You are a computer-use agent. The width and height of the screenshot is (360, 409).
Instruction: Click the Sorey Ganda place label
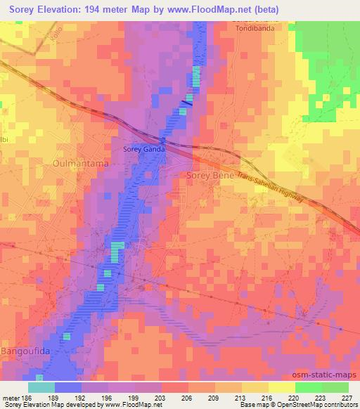[x=143, y=149]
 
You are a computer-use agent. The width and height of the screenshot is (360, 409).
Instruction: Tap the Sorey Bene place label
[x=210, y=174]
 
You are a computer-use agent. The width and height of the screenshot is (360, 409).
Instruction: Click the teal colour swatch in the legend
[x=41, y=387]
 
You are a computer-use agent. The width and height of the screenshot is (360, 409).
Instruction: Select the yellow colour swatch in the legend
[x=281, y=387]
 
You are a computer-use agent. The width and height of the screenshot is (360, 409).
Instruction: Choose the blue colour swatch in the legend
[x=68, y=387]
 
